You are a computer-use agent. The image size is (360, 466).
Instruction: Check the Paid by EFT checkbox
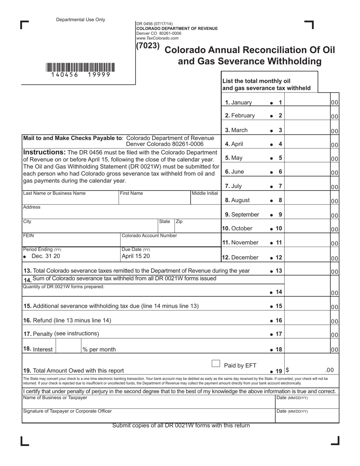[216, 364]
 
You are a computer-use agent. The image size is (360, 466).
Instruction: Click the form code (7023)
[148, 46]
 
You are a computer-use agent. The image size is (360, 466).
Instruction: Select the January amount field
[307, 102]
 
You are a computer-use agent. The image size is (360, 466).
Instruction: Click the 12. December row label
[240, 257]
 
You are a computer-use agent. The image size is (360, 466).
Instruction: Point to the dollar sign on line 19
[287, 371]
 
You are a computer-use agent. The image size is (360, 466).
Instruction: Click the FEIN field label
[28, 236]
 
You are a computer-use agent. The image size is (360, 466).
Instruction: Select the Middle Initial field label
[205, 193]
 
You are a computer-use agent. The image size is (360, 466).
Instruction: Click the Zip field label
[179, 221]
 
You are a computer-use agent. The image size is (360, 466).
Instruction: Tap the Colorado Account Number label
[149, 236]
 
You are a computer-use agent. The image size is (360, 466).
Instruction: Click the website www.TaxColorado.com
[157, 38]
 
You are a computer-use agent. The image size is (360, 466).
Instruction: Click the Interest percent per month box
[68, 346]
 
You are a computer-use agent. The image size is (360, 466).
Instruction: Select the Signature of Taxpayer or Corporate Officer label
[67, 411]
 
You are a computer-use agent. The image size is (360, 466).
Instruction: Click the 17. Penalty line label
[61, 334]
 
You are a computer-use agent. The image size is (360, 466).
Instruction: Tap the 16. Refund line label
[67, 320]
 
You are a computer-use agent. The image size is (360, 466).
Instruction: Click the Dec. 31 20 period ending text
[45, 256]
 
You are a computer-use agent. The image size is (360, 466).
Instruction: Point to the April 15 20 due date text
[135, 256]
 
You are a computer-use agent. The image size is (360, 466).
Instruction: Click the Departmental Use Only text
[81, 20]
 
